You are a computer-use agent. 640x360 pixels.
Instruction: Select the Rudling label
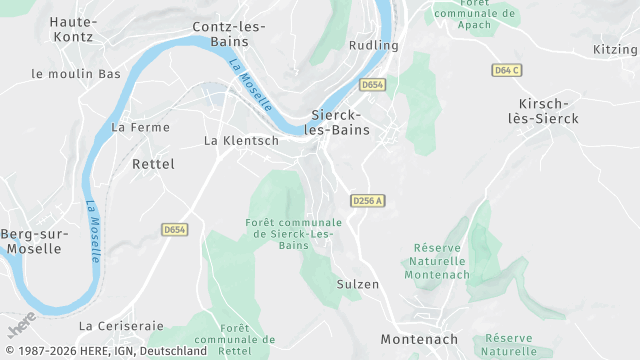374,46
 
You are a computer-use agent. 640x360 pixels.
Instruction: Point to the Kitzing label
615,49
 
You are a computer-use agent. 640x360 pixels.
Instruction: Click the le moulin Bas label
76,74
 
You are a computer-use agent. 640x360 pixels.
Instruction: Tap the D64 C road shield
506,70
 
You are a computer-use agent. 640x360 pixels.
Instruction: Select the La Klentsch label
241,141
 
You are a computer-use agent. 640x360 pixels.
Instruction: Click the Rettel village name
153,163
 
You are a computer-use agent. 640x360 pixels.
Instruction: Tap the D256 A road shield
368,201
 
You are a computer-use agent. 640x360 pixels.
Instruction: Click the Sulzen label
358,284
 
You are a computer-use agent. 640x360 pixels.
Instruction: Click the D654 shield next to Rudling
373,85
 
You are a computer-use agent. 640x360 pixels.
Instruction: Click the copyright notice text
104,352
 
